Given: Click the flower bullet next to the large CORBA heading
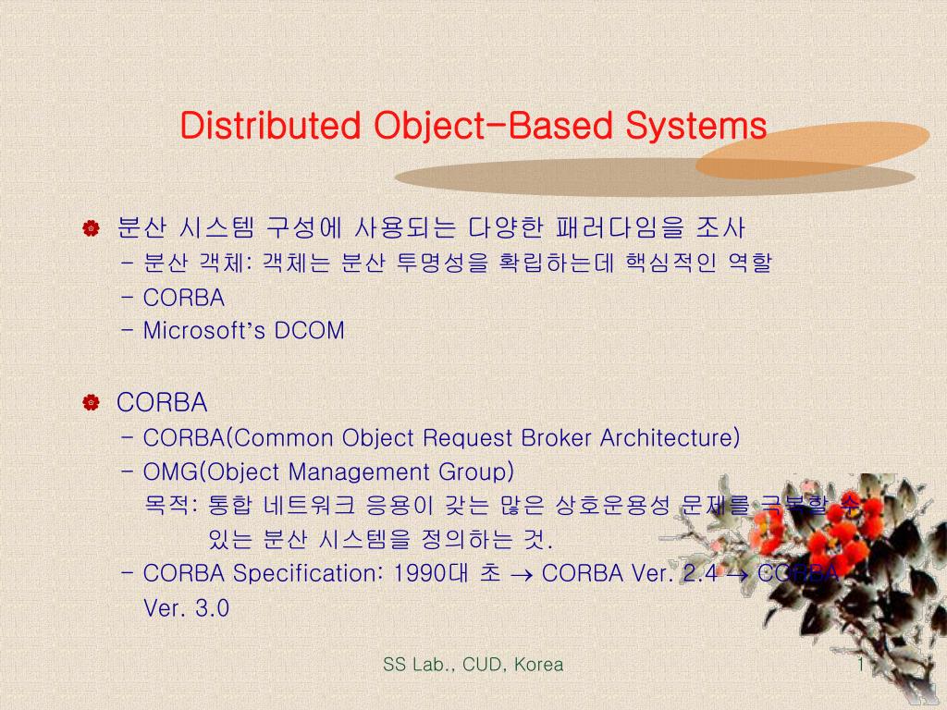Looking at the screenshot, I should pyautogui.click(x=91, y=403).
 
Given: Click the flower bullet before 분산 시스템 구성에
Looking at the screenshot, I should pyautogui.click(x=91, y=228).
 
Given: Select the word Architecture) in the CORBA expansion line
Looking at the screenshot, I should pyautogui.click(x=670, y=437).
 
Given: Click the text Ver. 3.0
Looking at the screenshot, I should pyautogui.click(x=186, y=608).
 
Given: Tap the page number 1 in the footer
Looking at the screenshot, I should pyautogui.click(x=860, y=665).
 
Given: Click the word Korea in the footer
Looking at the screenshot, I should pyautogui.click(x=538, y=665).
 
